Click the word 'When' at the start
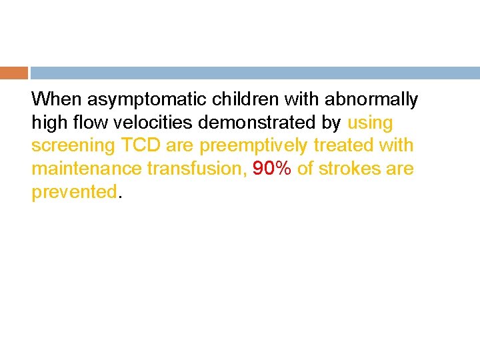click(53, 100)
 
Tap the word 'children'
click(244, 100)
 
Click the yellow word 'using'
click(371, 123)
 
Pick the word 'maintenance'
click(87, 169)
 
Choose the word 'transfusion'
click(197, 169)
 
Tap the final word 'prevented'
click(74, 192)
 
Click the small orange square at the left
click(14, 73)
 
